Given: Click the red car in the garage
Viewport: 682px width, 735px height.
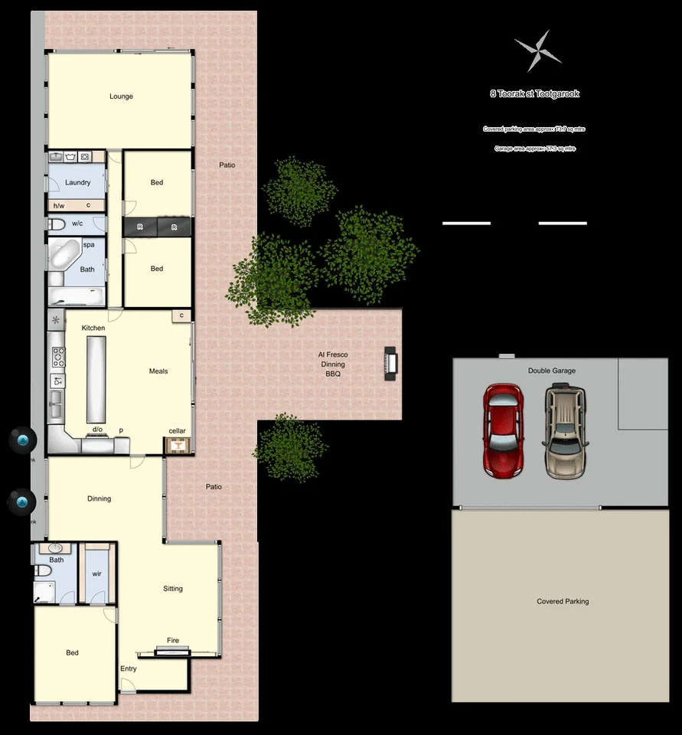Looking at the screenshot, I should click(503, 430).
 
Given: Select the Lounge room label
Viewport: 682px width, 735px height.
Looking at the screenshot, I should click(121, 96).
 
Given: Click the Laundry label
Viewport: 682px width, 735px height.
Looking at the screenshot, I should click(78, 183).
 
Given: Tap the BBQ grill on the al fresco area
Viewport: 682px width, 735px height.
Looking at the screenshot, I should click(390, 364).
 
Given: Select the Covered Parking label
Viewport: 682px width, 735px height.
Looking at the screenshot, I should click(563, 602).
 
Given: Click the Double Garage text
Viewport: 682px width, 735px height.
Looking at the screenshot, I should click(552, 371).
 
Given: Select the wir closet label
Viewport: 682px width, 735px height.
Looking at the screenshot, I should click(97, 573).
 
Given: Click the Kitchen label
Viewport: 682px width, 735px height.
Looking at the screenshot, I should click(93, 328).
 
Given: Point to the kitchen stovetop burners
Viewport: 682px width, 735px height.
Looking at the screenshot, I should click(58, 358).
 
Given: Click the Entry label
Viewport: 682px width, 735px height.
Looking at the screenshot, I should click(129, 669).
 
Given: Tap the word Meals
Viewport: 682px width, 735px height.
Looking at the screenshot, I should click(158, 371).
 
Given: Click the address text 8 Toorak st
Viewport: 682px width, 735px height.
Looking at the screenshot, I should click(534, 94).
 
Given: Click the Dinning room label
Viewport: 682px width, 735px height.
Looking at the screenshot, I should click(99, 499).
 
